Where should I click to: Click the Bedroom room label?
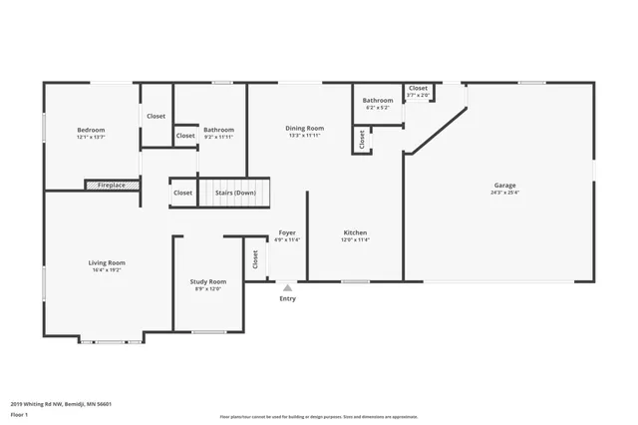pyautogui.click(x=91, y=130)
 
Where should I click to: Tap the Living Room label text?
pyautogui.click(x=107, y=262)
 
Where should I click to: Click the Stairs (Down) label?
pyautogui.click(x=236, y=193)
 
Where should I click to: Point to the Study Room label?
pyautogui.click(x=208, y=281)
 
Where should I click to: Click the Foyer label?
pyautogui.click(x=287, y=232)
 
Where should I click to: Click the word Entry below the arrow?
pyautogui.click(x=287, y=298)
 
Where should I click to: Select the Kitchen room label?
pyautogui.click(x=356, y=232)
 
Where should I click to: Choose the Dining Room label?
pyautogui.click(x=305, y=128)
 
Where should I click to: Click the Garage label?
pyautogui.click(x=504, y=185)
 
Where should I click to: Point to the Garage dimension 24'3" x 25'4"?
pyautogui.click(x=504, y=193)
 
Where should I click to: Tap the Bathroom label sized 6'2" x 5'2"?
pyautogui.click(x=377, y=100)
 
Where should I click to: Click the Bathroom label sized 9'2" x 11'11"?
pyautogui.click(x=218, y=130)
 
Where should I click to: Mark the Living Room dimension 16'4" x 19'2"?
pyautogui.click(x=107, y=269)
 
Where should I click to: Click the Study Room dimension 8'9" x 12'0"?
pyautogui.click(x=208, y=288)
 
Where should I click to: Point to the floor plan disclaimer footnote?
pyautogui.click(x=318, y=417)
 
